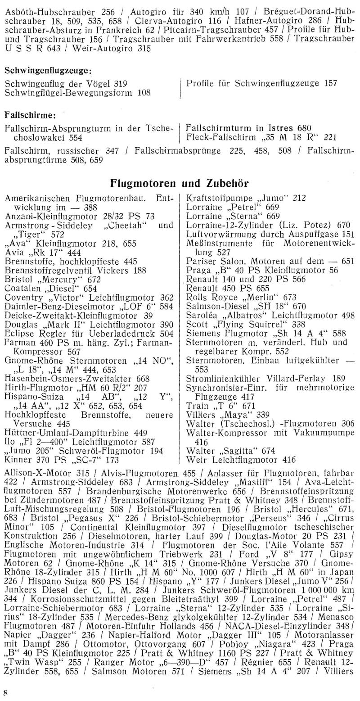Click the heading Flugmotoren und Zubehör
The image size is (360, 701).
click(x=180, y=183)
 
